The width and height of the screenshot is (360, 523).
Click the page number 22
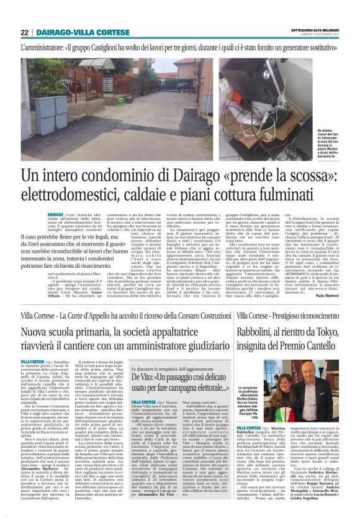[24, 32]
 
